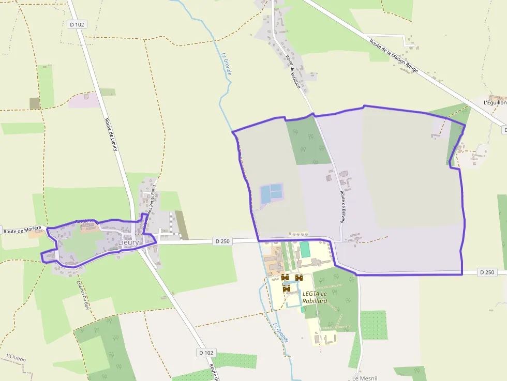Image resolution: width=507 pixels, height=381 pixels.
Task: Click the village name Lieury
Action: click(128, 242)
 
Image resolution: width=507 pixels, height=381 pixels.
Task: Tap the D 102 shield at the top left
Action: click(77, 24)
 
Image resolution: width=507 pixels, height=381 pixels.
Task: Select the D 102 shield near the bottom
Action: click(205, 353)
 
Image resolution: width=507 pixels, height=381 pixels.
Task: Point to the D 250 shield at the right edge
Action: click(487, 272)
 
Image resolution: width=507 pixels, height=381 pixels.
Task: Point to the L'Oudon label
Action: click(16, 358)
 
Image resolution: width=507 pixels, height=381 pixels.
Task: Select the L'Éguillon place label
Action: click(494, 102)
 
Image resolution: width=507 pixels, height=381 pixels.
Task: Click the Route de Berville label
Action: click(342, 206)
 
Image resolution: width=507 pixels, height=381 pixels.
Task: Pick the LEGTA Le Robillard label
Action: click(315, 297)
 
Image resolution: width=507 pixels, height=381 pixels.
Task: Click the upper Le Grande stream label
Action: click(226, 64)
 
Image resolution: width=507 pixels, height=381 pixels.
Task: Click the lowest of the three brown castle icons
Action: click(286, 288)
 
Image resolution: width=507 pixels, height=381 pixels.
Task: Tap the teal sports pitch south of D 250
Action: click(305, 250)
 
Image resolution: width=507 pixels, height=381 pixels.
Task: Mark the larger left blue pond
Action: click(265, 195)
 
